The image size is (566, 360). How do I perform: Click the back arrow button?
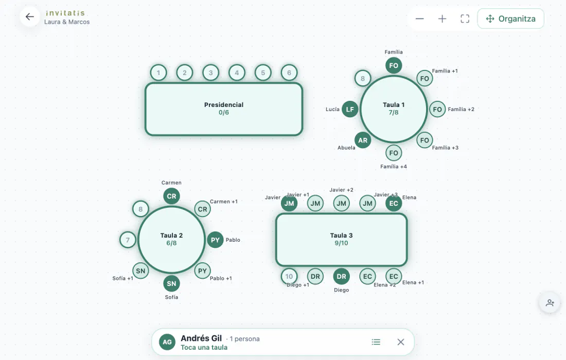(30, 16)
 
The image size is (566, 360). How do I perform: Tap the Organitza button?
(510, 19)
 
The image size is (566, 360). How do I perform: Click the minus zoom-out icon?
(419, 19)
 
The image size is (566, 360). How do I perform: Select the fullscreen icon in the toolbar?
(465, 19)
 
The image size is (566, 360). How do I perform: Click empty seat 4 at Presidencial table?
(237, 73)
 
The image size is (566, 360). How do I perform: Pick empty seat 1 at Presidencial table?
(158, 73)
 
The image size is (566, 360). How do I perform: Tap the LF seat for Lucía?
(350, 110)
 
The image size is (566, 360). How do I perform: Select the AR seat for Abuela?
(363, 140)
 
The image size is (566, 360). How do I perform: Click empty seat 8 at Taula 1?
(363, 78)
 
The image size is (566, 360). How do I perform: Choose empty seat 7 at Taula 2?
(128, 240)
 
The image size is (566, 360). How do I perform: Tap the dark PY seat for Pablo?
(215, 240)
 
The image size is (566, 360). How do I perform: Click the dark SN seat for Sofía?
(171, 283)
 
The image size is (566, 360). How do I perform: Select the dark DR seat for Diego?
(342, 276)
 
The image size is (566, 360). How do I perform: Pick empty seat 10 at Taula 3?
(289, 276)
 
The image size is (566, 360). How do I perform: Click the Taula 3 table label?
(341, 235)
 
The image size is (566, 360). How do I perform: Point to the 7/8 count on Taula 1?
(394, 113)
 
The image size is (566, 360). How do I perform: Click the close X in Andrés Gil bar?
(401, 342)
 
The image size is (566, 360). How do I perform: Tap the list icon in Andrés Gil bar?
(376, 342)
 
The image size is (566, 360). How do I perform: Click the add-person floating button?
(550, 302)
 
